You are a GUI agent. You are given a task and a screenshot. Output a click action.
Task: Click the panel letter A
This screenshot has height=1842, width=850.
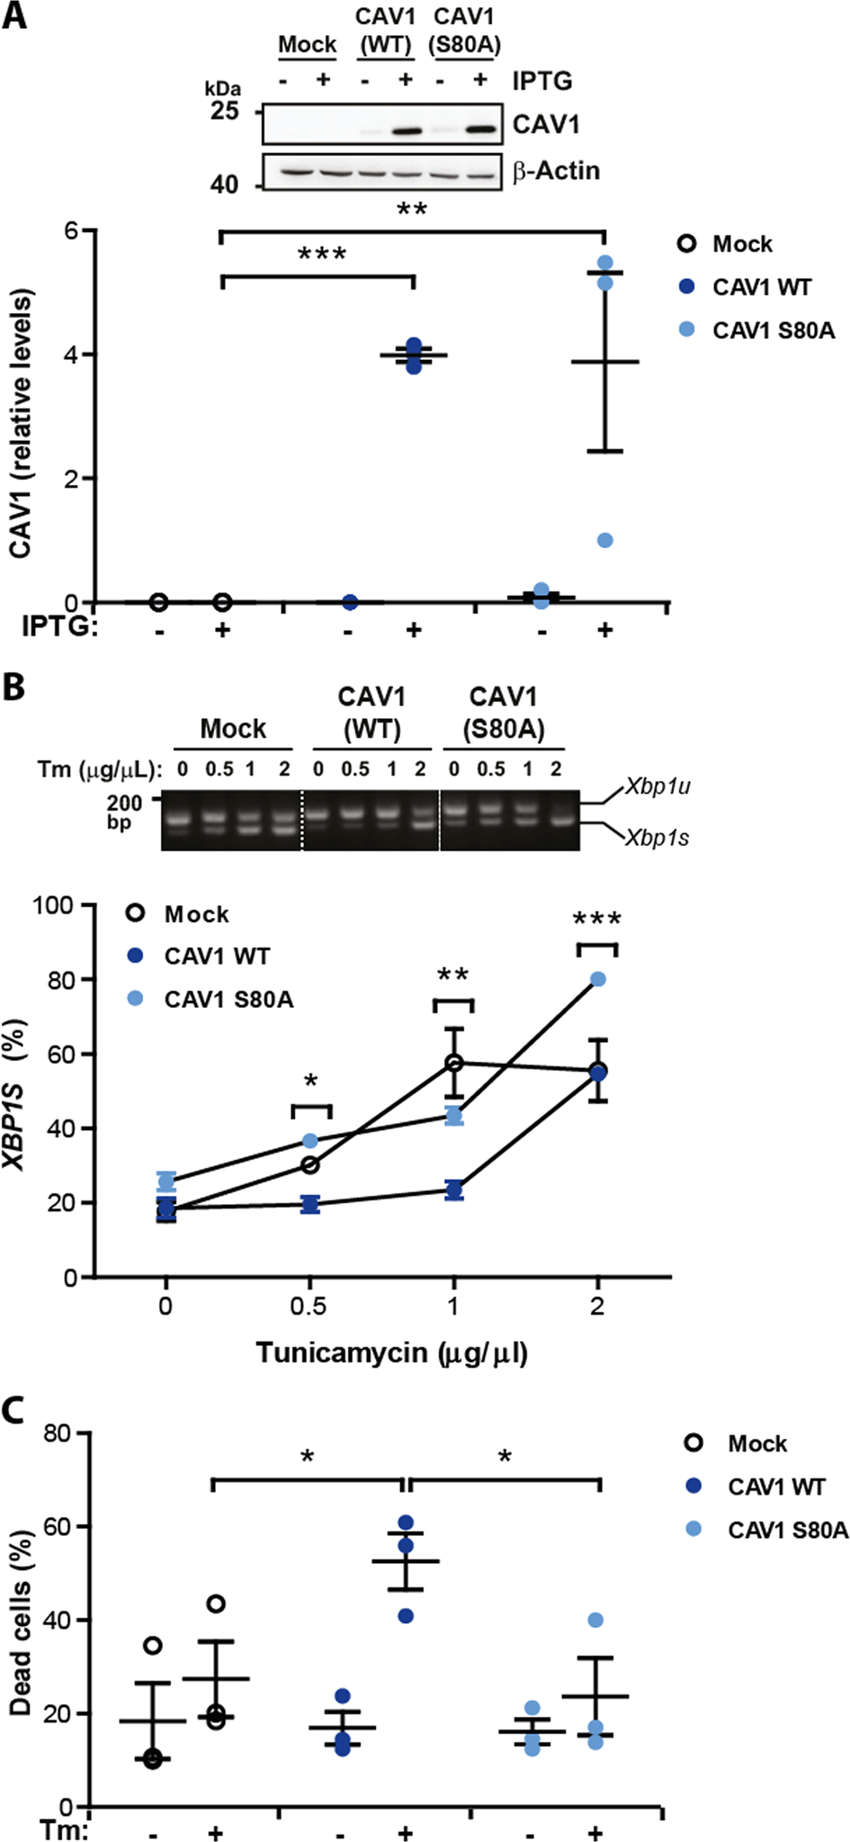tap(14, 15)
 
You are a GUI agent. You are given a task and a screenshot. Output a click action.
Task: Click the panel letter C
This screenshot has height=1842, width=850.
tap(14, 1411)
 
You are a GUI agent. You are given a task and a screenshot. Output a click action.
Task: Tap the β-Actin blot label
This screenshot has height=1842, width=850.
tap(556, 171)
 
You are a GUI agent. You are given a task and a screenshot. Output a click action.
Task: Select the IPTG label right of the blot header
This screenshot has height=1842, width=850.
tap(542, 81)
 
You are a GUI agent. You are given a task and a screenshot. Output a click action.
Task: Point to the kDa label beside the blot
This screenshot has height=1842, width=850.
tap(223, 88)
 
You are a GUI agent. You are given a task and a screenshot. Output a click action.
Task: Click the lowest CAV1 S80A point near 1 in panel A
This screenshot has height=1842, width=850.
tap(605, 541)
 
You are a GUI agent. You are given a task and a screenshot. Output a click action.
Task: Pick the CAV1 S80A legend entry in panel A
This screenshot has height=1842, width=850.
tap(773, 331)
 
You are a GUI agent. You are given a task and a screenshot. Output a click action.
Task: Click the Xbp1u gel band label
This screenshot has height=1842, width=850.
tap(658, 786)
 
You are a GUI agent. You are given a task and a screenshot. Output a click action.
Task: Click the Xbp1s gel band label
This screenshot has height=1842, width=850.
tap(658, 838)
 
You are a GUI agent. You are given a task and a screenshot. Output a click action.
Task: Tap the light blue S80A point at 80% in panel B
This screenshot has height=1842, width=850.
tap(598, 979)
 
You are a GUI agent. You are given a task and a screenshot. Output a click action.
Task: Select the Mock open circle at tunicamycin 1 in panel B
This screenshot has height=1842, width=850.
tap(454, 1063)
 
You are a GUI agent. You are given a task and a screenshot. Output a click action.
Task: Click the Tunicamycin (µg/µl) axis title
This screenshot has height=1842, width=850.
tap(391, 1352)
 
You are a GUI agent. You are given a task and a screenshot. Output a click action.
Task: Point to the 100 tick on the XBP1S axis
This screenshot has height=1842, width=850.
tap(55, 904)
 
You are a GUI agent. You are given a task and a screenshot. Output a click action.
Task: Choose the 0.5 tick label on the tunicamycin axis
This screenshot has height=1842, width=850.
tap(309, 1306)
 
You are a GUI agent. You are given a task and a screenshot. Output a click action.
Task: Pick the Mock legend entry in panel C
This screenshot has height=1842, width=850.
tap(756, 1443)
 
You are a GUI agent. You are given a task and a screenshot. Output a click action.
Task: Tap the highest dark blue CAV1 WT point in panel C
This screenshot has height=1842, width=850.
tap(406, 1523)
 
